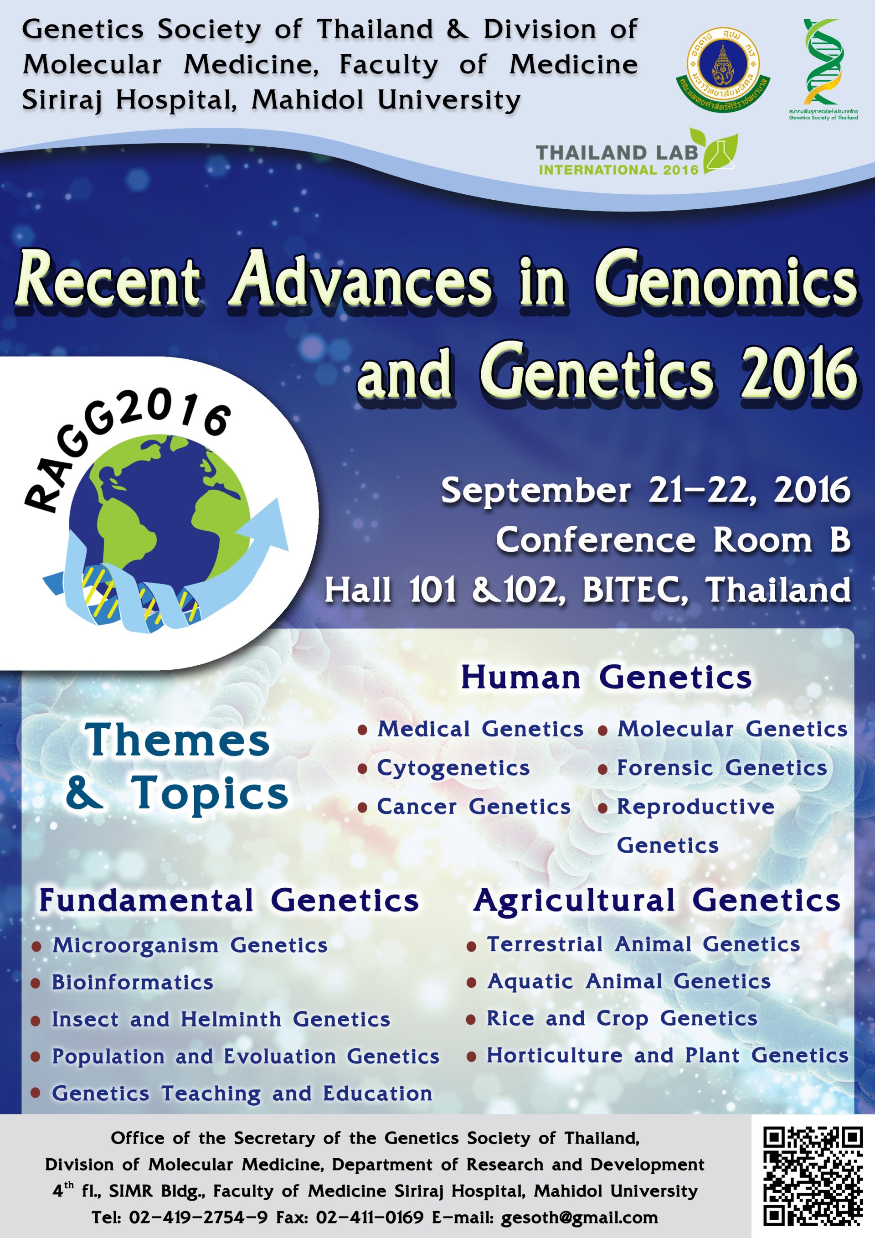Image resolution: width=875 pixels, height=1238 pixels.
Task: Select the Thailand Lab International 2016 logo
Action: coord(636,154)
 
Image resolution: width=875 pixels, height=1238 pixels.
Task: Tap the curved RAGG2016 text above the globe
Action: coord(124,447)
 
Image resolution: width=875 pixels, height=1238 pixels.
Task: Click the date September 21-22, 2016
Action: coord(645,491)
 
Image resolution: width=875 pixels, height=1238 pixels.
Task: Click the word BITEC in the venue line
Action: coord(635,590)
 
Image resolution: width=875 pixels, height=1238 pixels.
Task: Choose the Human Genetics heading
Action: coord(606,677)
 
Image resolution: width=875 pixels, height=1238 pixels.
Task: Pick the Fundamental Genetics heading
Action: coord(229,901)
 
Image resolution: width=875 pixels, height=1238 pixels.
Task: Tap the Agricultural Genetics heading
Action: coord(657,901)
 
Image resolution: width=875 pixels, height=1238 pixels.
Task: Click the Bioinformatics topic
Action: coord(133,982)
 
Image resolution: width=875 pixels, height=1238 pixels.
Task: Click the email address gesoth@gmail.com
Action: coord(580,1217)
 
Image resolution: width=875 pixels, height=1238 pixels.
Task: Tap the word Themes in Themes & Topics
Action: coord(177,741)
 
